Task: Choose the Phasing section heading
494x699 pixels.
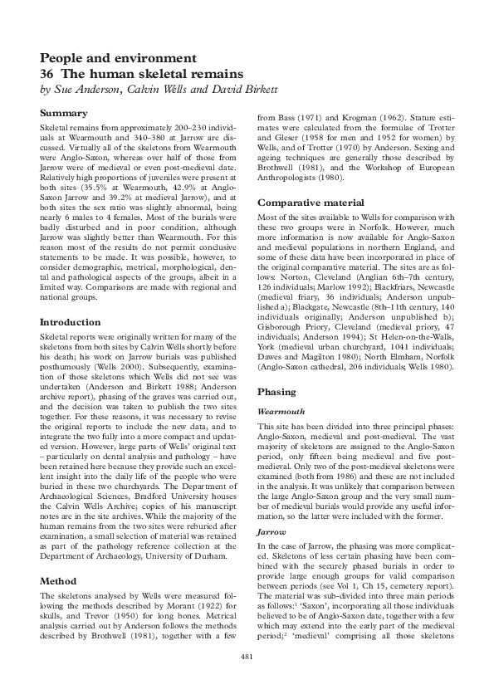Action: (276, 391)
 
